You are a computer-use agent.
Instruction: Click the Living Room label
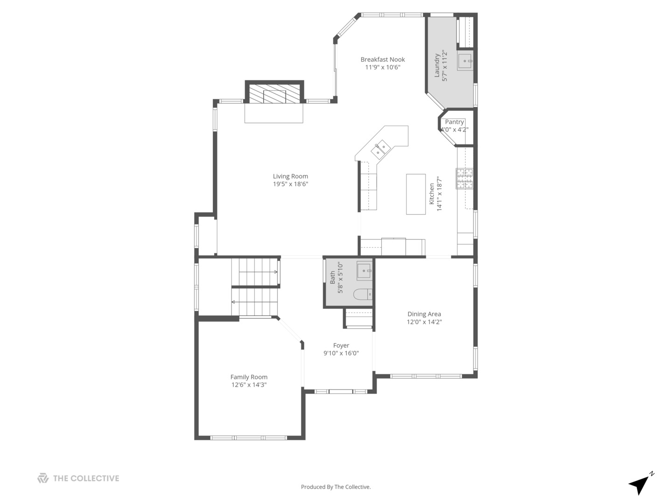(290, 176)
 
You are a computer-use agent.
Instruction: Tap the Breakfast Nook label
(383, 59)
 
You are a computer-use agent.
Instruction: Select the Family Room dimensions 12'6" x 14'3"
(249, 385)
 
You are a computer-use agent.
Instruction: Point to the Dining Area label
(424, 314)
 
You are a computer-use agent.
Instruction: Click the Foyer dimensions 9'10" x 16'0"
(341, 353)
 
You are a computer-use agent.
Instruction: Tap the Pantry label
(454, 122)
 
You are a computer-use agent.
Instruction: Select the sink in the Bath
(364, 271)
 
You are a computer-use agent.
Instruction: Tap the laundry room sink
(465, 61)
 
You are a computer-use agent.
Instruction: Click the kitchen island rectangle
(415, 194)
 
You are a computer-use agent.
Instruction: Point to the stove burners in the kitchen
(464, 178)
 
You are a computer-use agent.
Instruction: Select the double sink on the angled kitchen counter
(380, 149)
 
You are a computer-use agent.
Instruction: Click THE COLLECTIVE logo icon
(43, 478)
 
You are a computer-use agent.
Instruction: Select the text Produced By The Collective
(336, 487)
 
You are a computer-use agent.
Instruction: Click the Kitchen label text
(432, 193)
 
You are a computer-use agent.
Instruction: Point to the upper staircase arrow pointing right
(275, 272)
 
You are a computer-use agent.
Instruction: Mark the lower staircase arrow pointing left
(233, 302)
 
